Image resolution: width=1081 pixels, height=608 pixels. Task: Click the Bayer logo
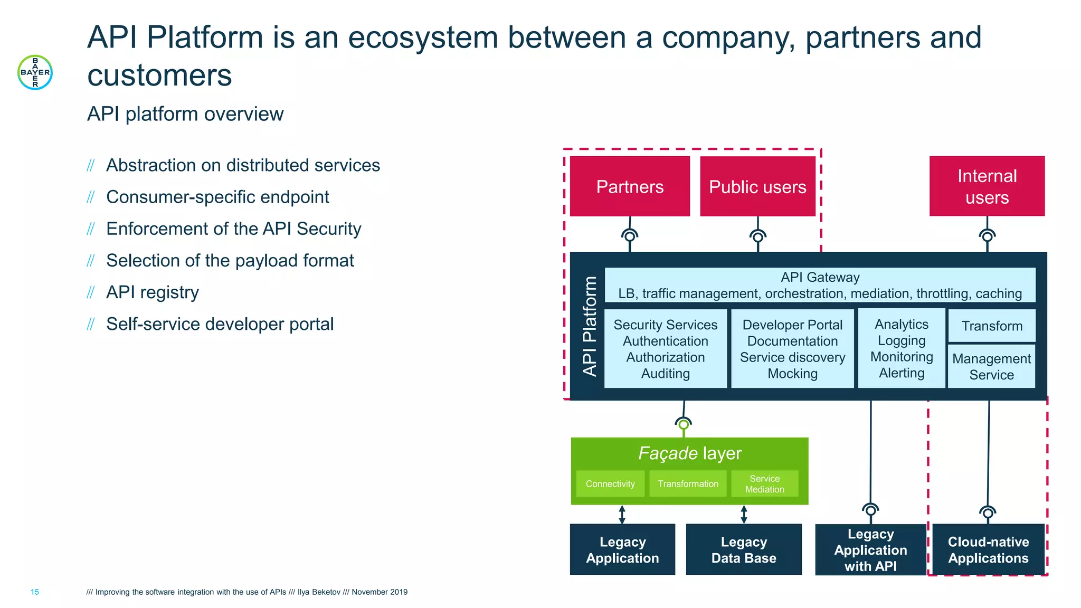(x=35, y=72)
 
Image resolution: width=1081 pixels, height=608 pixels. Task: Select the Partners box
(x=630, y=186)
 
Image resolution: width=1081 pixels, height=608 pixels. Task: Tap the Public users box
(x=757, y=186)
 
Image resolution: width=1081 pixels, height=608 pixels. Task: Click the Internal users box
(x=987, y=186)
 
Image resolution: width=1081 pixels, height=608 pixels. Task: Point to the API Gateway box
(x=820, y=285)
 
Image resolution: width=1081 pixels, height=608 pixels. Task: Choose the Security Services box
(x=665, y=349)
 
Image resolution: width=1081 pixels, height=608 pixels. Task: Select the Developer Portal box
(x=792, y=349)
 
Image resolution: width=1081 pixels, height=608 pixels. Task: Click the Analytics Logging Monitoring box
(x=901, y=348)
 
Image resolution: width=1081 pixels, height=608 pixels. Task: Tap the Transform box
(x=991, y=326)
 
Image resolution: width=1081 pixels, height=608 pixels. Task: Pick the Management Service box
(x=991, y=366)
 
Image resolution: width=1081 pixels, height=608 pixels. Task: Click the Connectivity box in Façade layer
(x=610, y=483)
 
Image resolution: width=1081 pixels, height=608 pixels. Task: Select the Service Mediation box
(x=764, y=483)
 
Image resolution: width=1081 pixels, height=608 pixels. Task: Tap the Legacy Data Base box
(x=743, y=549)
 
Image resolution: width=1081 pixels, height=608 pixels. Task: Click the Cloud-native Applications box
(x=988, y=549)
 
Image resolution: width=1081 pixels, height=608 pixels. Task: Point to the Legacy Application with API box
(x=870, y=549)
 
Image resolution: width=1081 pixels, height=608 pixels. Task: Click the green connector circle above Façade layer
(x=684, y=424)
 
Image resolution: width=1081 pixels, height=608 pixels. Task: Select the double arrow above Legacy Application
(x=622, y=514)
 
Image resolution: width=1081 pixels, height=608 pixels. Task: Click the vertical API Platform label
(x=590, y=326)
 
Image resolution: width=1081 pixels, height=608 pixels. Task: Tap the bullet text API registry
(x=152, y=292)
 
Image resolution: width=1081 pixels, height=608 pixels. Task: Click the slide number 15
(x=35, y=592)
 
